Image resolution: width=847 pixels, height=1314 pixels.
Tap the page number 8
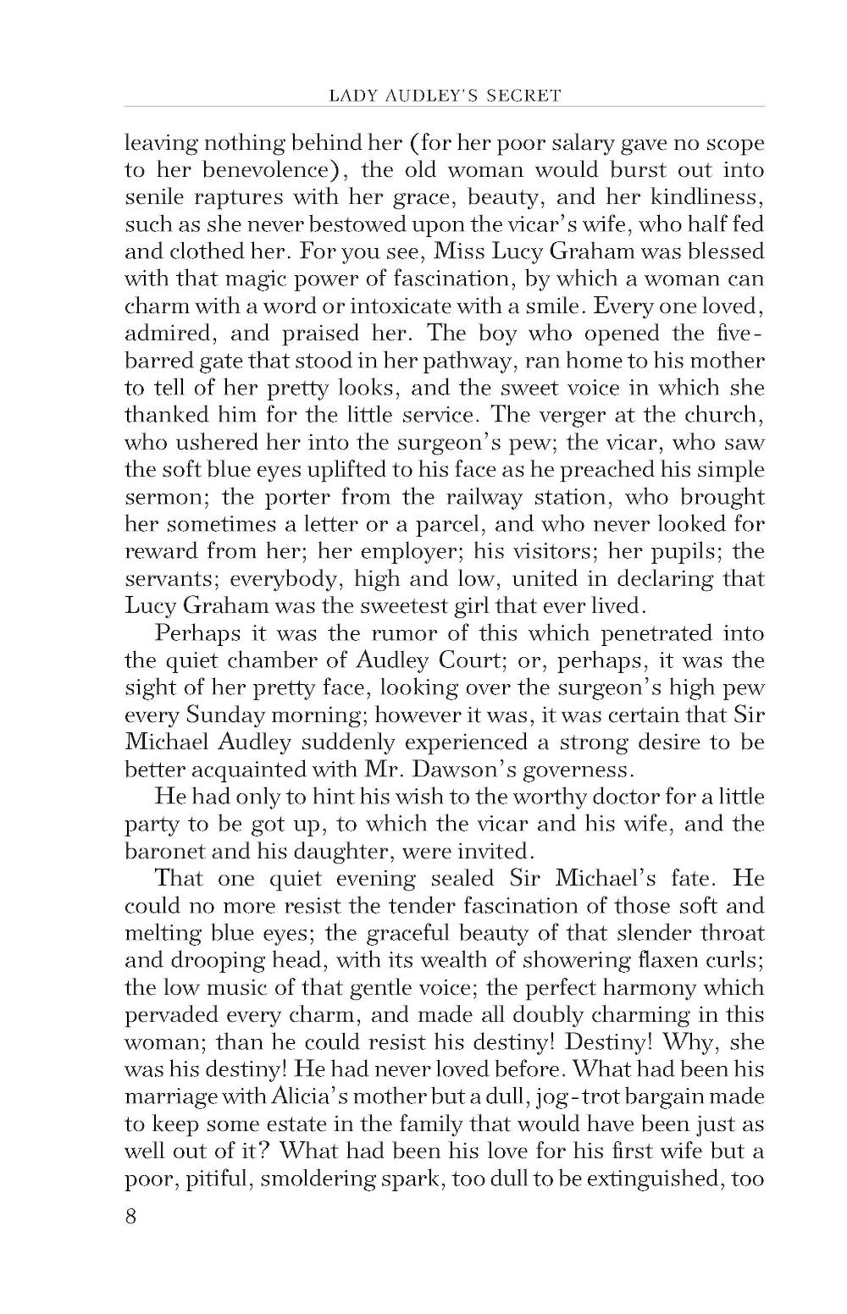(x=131, y=1217)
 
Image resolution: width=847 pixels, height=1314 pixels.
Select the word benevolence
(x=255, y=169)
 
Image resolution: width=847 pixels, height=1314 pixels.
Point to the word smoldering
(x=324, y=1179)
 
